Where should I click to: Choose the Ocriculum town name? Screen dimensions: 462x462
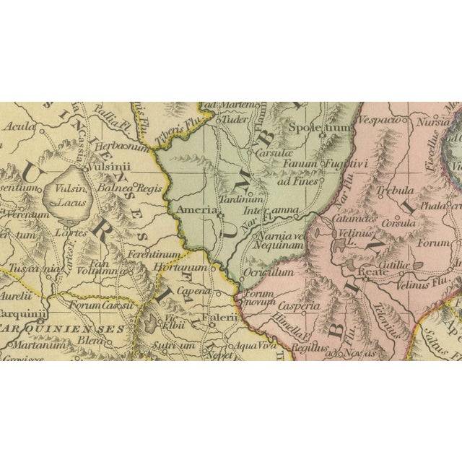pyautogui.click(x=270, y=272)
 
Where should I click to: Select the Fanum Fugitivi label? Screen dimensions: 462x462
pyautogui.click(x=336, y=164)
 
